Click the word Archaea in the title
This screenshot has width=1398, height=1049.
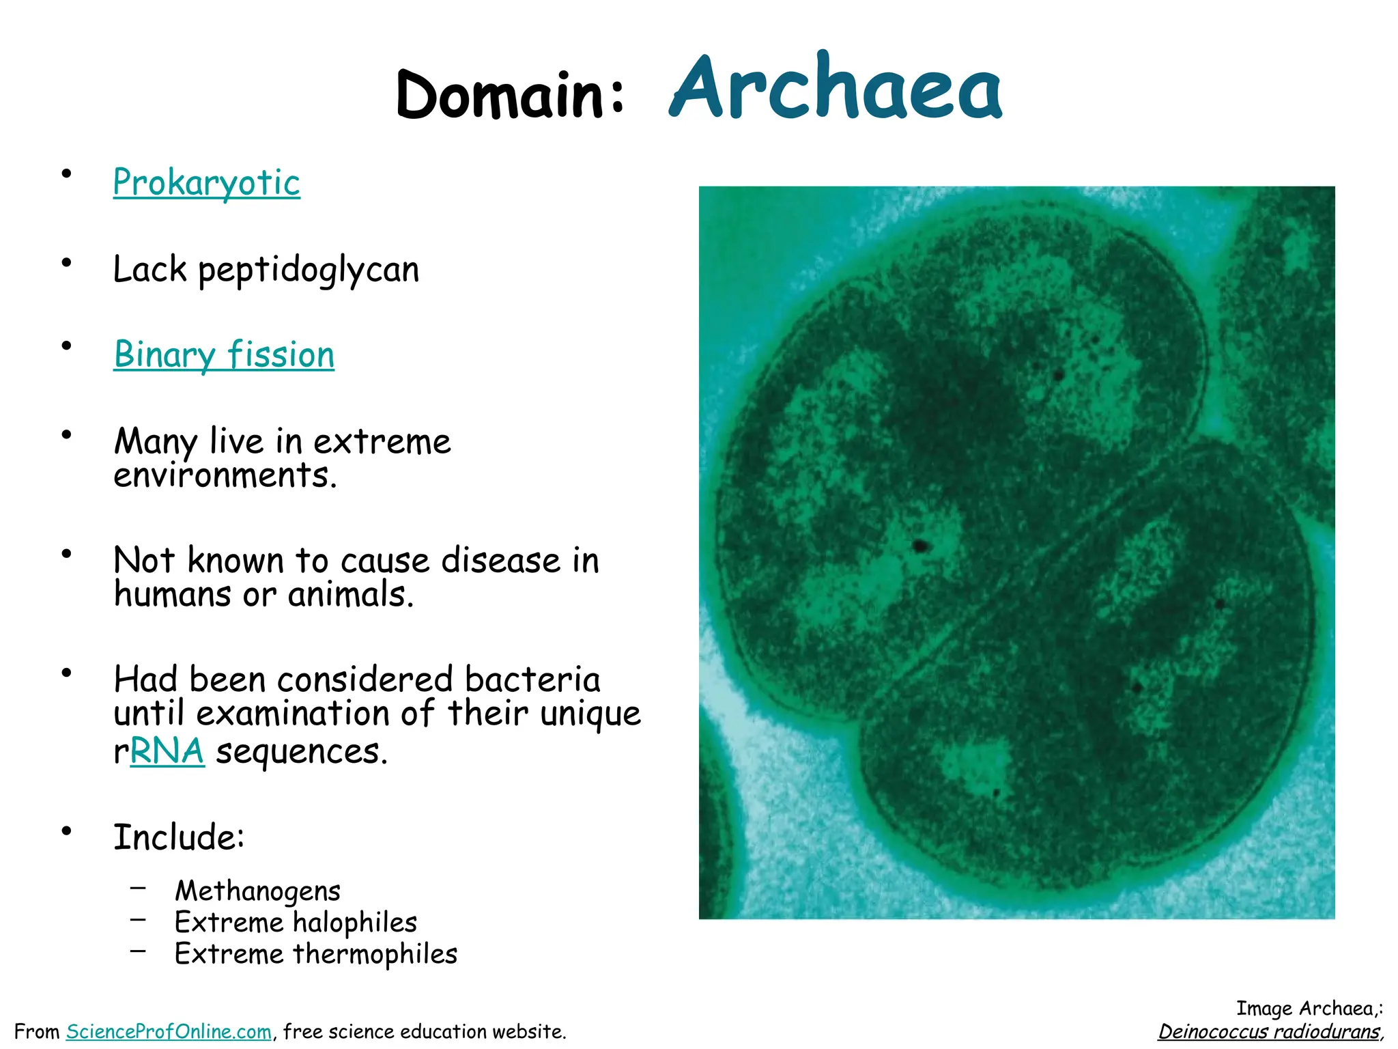coord(836,89)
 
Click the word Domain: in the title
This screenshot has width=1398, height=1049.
coord(509,96)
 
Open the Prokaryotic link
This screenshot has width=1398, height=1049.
coord(206,183)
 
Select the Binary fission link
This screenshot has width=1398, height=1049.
coord(224,355)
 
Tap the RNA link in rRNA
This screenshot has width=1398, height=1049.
coord(167,751)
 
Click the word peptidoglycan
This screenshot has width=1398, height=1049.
coord(309,270)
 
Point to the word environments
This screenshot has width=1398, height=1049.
coord(225,475)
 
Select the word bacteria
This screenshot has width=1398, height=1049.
coord(532,680)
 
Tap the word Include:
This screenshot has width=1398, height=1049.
coord(179,837)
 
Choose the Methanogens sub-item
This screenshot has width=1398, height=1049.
coord(257,891)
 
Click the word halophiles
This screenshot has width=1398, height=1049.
coord(355,923)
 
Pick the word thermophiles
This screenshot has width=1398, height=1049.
coord(375,954)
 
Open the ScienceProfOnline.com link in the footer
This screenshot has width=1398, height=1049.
coord(169,1031)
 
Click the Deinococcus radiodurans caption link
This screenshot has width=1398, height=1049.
coord(1270,1031)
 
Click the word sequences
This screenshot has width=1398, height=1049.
coord(302,751)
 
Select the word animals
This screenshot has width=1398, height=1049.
coord(350,594)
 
